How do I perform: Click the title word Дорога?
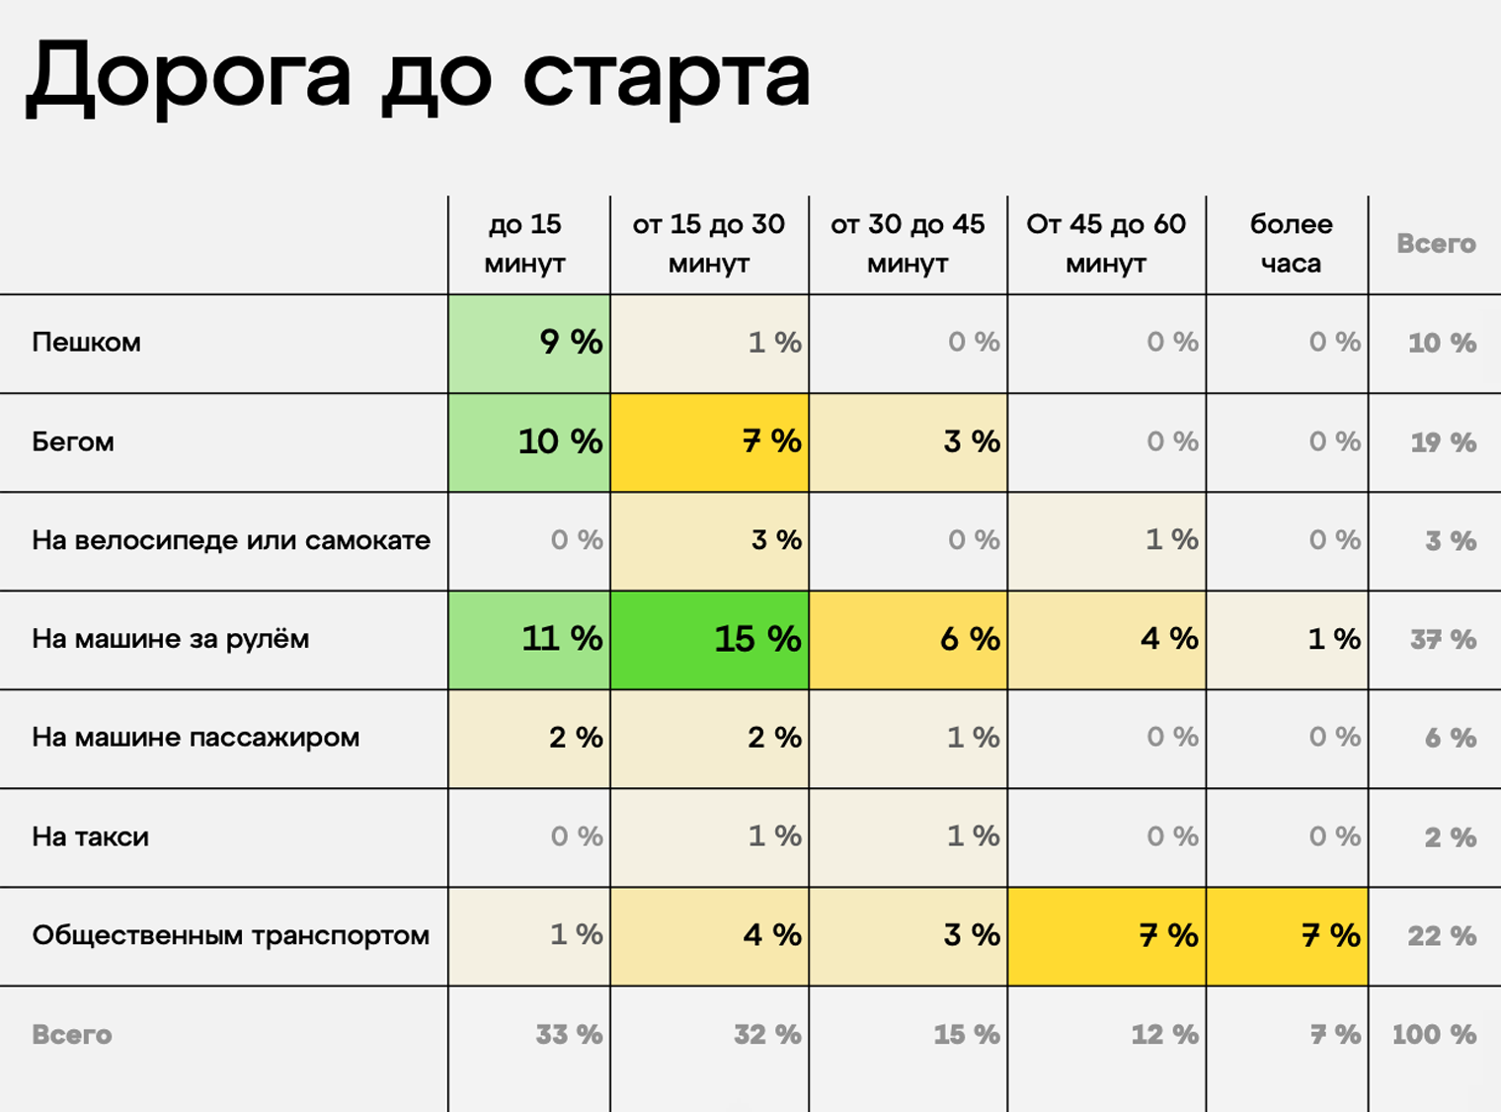[x=189, y=77]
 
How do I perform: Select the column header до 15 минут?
[x=524, y=244]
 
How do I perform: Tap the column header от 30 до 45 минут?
[x=907, y=244]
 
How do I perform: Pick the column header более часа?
[x=1290, y=244]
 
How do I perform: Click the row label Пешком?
[x=87, y=343]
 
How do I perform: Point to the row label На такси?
[x=91, y=836]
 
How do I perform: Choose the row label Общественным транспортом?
[x=230, y=935]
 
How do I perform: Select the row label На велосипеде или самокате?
[x=231, y=540]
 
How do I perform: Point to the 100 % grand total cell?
[x=1434, y=1035]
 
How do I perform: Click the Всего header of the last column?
[x=1436, y=244]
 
